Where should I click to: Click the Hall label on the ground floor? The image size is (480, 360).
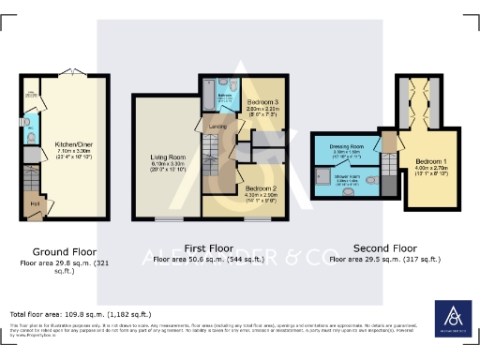pyautogui.click(x=35, y=202)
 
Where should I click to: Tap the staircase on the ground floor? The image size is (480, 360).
pyautogui.click(x=31, y=178)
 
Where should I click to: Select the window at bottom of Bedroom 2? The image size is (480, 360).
pyautogui.click(x=259, y=219)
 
